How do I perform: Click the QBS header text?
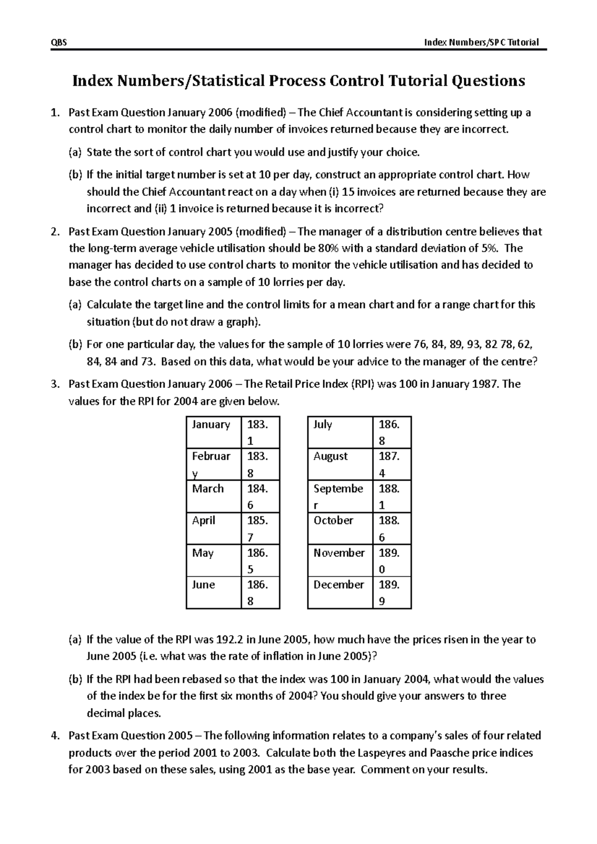coord(59,43)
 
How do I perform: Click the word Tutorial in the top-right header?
coord(523,43)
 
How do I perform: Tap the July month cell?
coord(340,431)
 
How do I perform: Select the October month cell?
coord(340,528)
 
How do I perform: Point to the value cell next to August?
coord(391,464)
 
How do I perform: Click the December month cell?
coord(340,592)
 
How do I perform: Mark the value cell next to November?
coord(391,560)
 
